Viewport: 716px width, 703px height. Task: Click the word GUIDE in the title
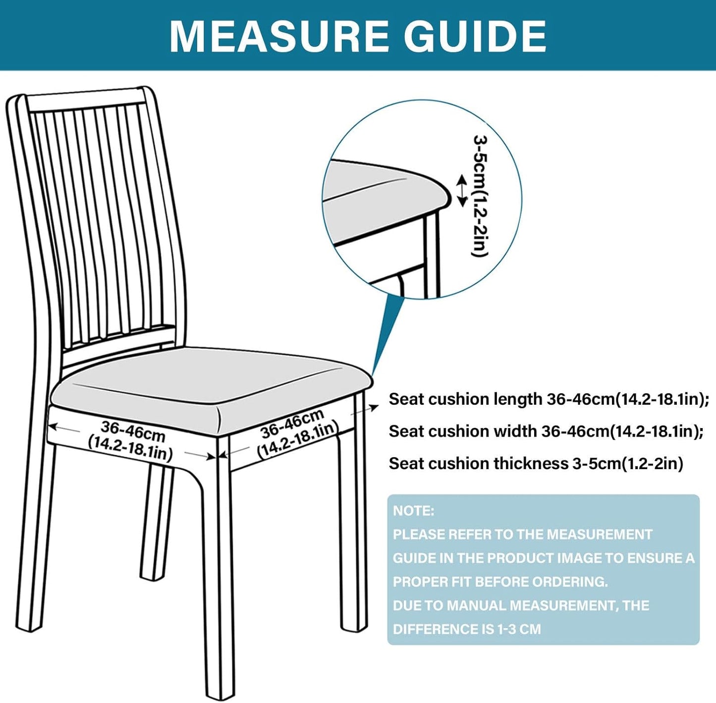point(476,37)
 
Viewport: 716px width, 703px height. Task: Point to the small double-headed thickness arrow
point(461,190)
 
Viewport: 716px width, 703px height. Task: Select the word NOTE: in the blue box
point(413,511)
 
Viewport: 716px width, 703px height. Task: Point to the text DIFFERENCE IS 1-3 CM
point(466,629)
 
